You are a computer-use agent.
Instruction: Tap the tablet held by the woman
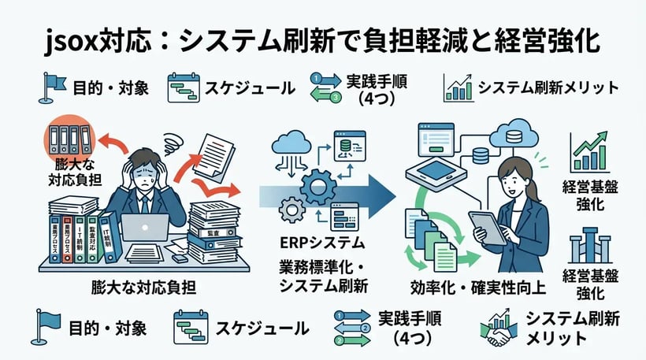(481, 228)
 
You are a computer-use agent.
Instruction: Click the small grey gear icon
(293, 210)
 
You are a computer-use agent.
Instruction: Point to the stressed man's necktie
(145, 204)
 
